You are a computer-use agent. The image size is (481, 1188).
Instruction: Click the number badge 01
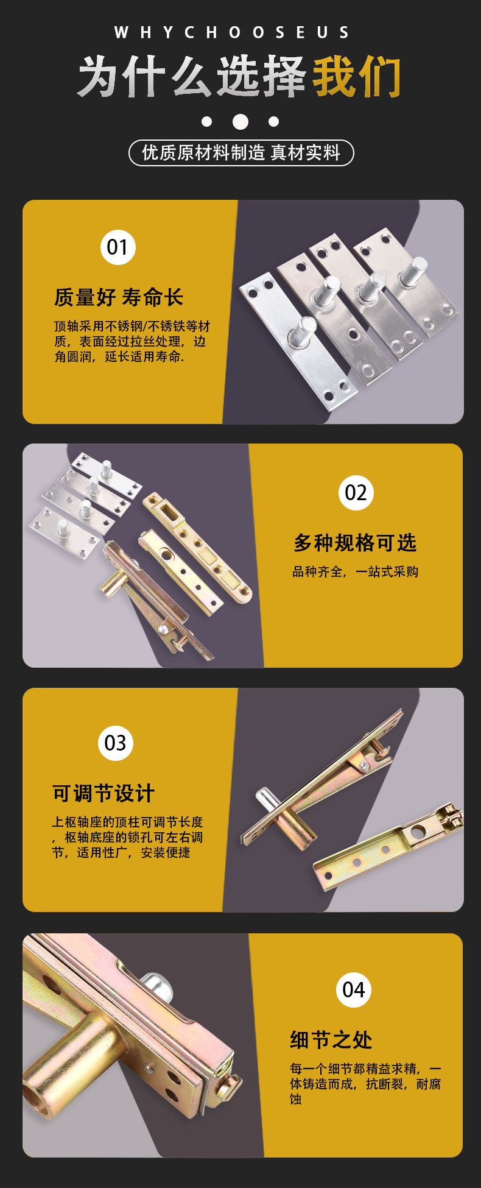tap(118, 247)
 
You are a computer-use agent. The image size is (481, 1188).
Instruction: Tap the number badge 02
tap(356, 492)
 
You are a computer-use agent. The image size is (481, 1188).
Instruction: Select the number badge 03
tap(115, 743)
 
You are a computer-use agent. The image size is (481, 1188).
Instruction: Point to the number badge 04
tap(353, 989)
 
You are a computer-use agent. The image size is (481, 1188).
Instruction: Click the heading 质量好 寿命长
tap(119, 297)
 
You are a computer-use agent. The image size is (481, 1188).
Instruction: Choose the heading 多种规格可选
tap(355, 543)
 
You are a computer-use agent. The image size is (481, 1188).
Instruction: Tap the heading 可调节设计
tap(104, 793)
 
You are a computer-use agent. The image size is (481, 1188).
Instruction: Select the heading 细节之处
tap(331, 1039)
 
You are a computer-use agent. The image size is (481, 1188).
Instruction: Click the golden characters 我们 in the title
tap(356, 77)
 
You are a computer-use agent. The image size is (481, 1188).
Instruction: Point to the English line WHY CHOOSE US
tap(232, 32)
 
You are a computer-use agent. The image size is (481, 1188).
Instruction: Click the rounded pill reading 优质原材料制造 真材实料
tap(241, 153)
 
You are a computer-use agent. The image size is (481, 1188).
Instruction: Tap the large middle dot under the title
tap(240, 122)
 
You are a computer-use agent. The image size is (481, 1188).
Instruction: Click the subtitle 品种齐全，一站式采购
tap(355, 572)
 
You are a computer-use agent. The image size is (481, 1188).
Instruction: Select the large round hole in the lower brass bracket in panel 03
tap(418, 831)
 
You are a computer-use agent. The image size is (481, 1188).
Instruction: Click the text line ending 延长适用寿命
tap(119, 357)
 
